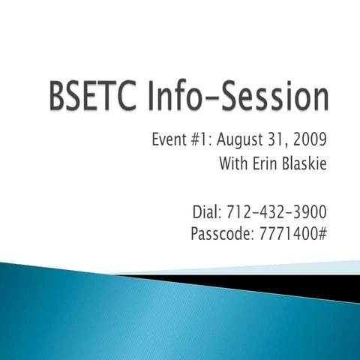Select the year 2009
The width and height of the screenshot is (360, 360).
313,141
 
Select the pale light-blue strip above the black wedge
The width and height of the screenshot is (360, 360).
300,267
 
